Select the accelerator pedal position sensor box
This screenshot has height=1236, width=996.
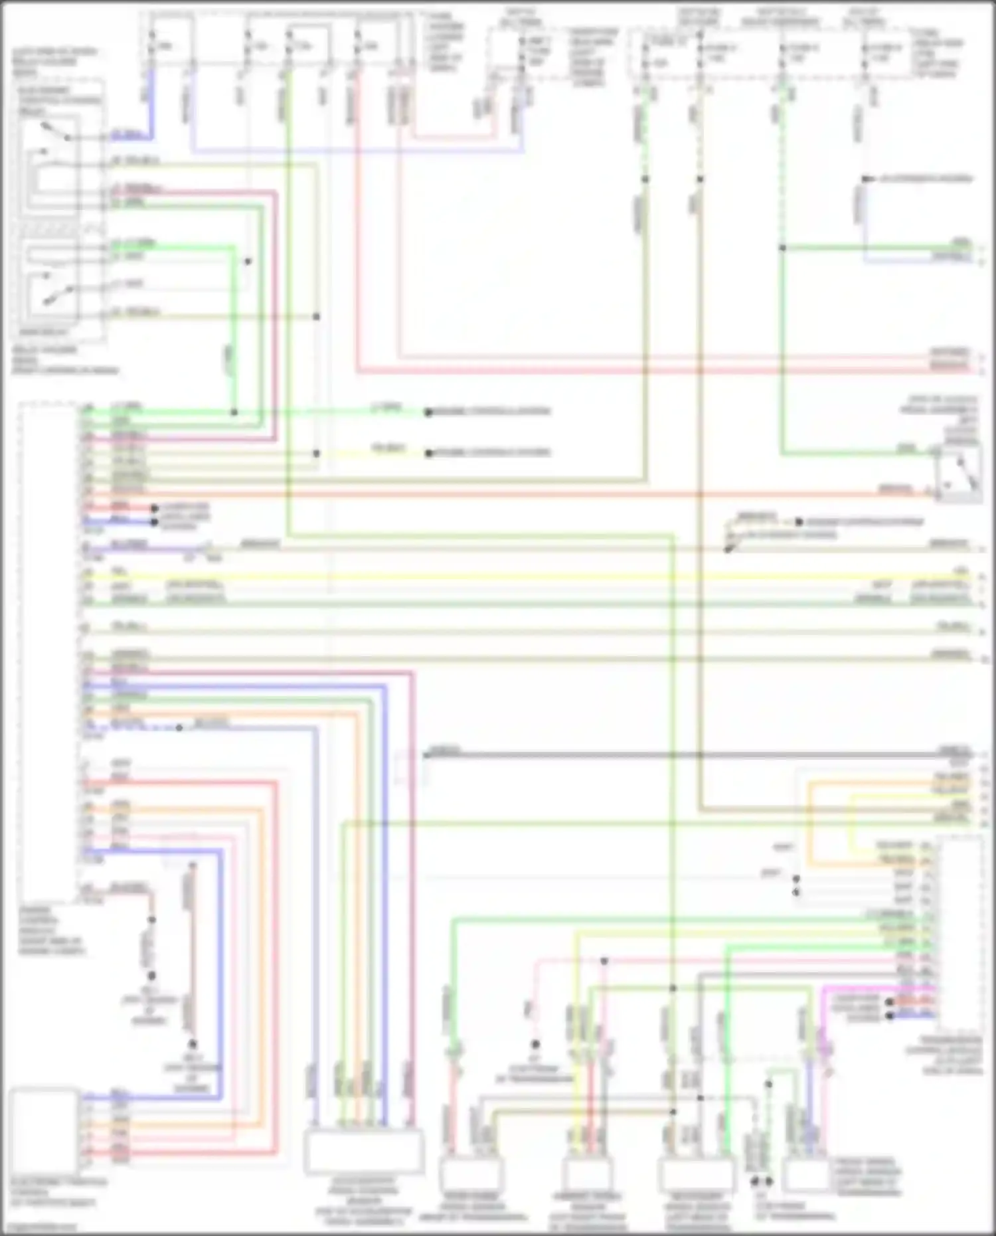pyautogui.click(x=363, y=1151)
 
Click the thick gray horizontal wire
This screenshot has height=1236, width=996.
pyautogui.click(x=664, y=755)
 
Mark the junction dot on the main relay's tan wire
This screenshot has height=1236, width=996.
pyautogui.click(x=317, y=317)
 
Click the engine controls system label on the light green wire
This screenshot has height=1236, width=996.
pyautogui.click(x=491, y=412)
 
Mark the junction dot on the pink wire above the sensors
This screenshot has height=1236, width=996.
pyautogui.click(x=604, y=961)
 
